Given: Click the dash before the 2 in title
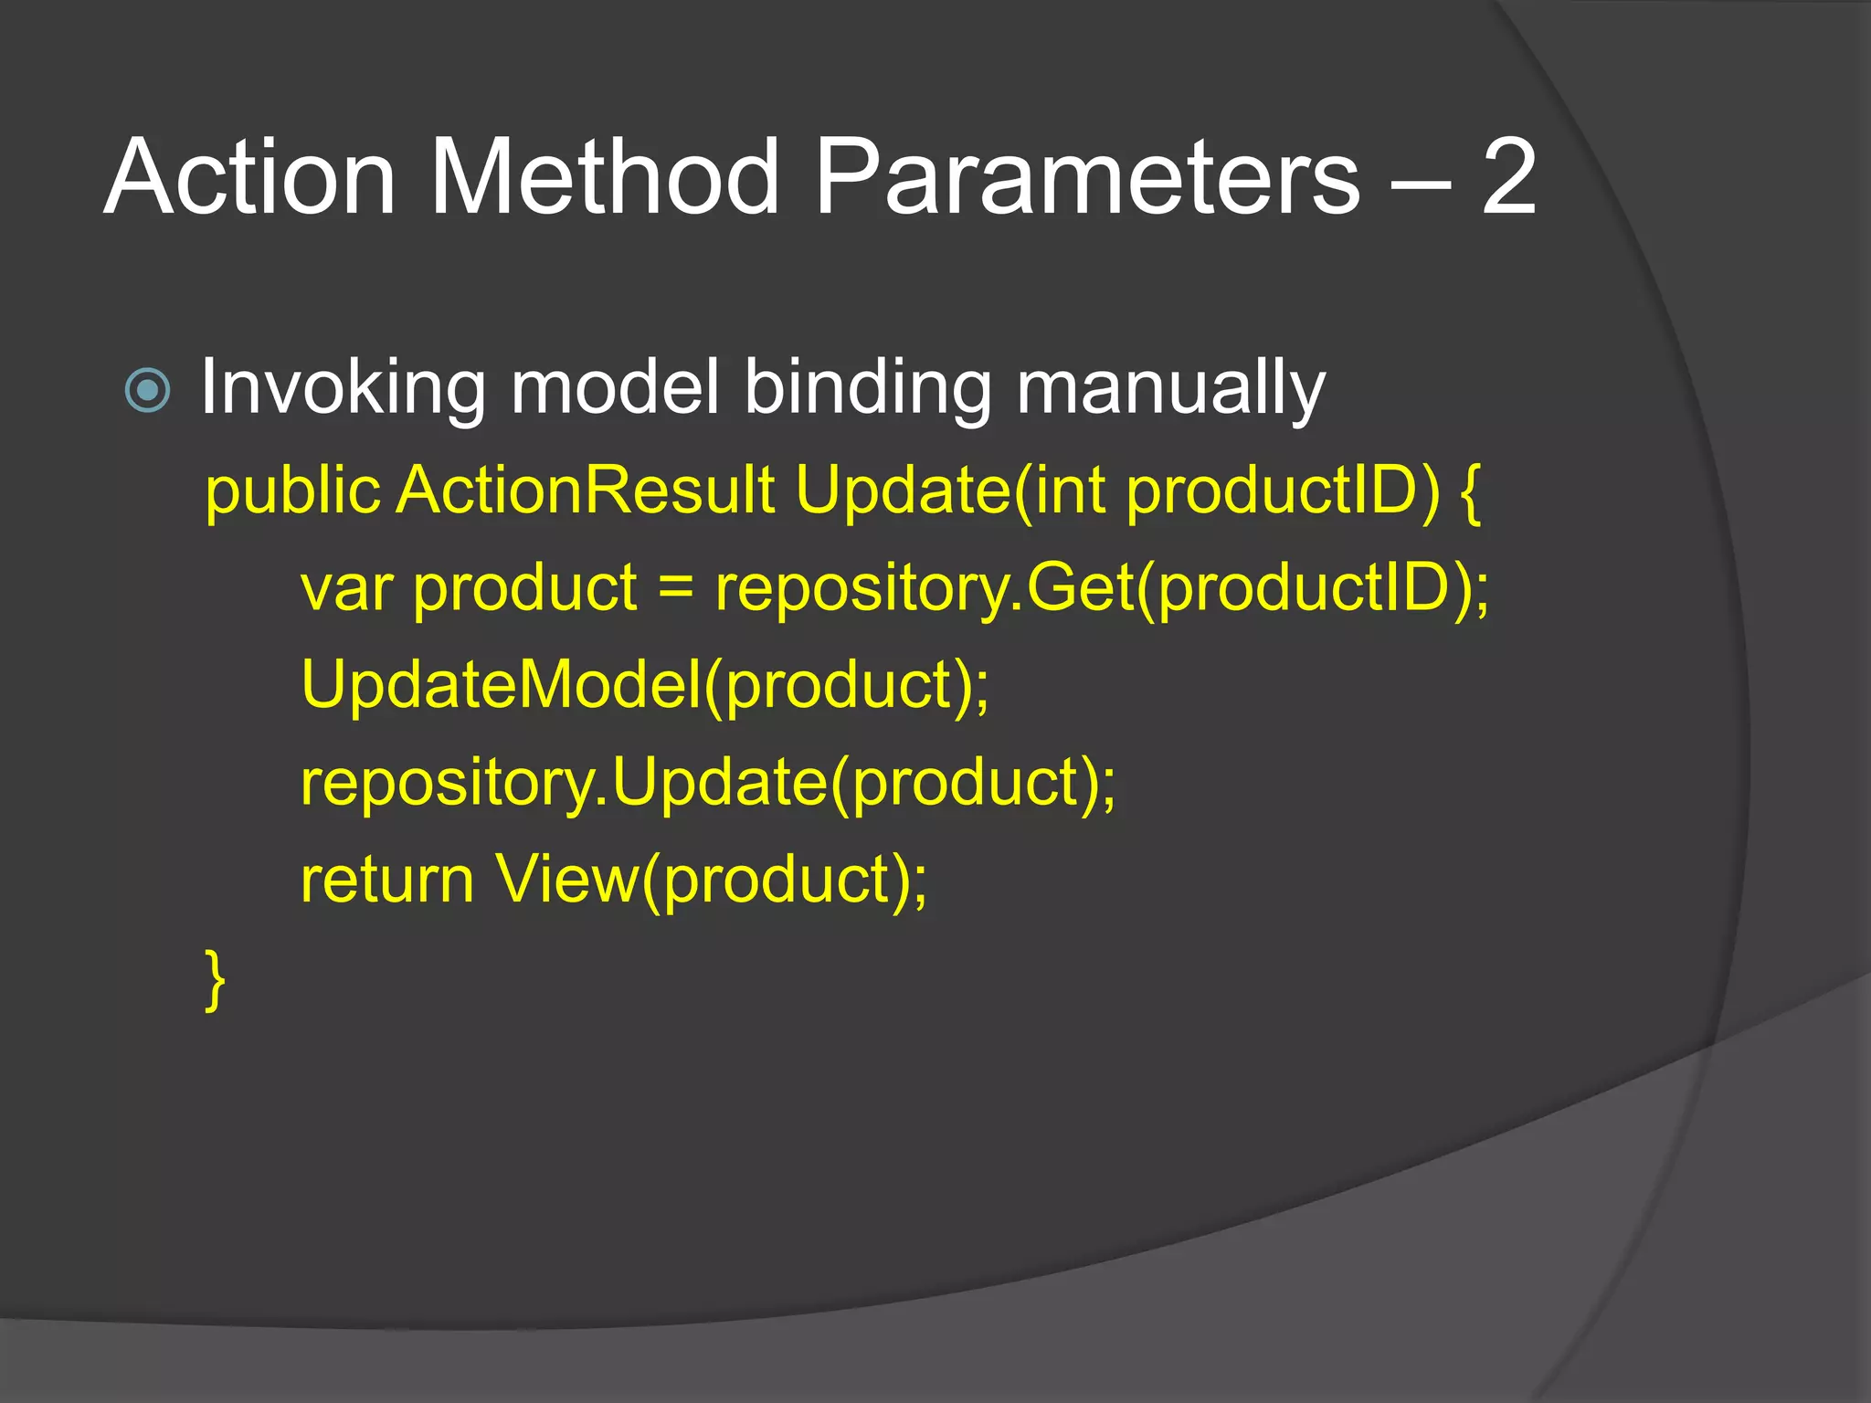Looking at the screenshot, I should [x=1419, y=183].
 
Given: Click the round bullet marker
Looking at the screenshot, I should [x=147, y=390].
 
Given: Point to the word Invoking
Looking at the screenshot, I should [x=343, y=388].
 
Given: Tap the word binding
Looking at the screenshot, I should [x=867, y=388].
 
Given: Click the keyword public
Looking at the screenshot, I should [x=291, y=491].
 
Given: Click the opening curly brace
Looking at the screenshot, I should [x=1470, y=493].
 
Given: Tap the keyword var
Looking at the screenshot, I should [x=346, y=588].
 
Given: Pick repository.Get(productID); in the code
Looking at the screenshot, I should [x=1102, y=588].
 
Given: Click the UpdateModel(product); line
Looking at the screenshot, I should [x=645, y=685].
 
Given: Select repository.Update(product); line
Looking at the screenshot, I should [x=708, y=783].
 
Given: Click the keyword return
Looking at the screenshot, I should [x=387, y=880].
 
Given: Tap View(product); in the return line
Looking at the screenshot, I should [x=711, y=880].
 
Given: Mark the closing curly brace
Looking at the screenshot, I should [x=215, y=980].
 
